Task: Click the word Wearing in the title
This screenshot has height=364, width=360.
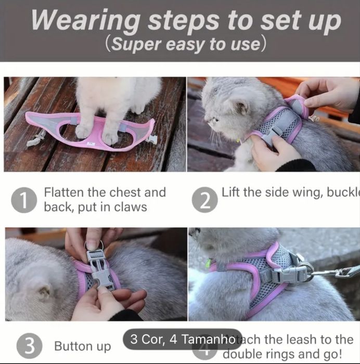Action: [85, 21]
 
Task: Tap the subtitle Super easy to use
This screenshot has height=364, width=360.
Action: [185, 44]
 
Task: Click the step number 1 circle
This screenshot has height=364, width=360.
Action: [24, 201]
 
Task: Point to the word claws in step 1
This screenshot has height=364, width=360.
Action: [130, 207]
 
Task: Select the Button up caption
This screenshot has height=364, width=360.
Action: [83, 346]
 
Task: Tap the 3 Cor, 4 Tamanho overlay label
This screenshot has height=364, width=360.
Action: [183, 339]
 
